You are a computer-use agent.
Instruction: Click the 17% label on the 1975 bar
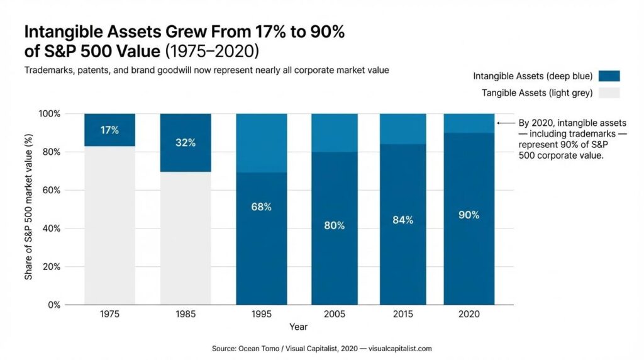109,130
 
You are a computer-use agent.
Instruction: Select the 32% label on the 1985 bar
186,143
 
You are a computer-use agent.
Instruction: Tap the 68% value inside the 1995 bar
261,207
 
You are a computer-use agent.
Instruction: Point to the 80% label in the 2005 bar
334,225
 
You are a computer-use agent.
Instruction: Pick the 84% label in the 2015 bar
402,220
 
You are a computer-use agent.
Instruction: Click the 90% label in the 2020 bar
469,215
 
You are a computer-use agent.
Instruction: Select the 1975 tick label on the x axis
109,314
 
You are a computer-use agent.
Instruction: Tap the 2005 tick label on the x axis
334,314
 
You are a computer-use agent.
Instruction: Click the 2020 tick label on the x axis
469,314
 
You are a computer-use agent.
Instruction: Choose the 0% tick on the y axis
53,305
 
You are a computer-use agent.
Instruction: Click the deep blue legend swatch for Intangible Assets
609,76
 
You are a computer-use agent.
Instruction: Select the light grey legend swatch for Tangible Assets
609,93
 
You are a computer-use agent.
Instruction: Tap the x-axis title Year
298,327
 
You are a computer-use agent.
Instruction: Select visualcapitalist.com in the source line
400,348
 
